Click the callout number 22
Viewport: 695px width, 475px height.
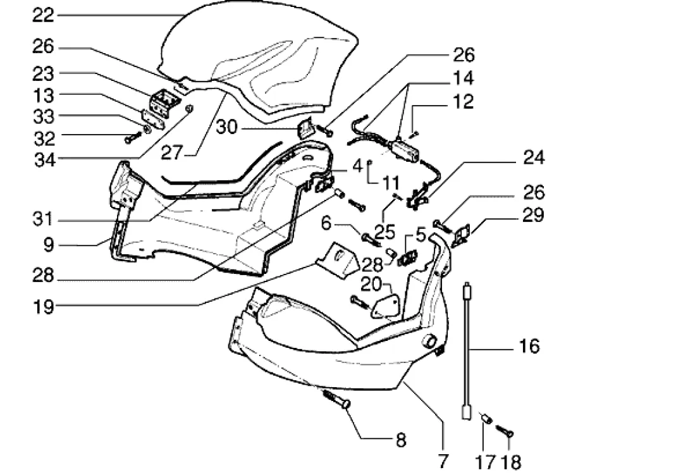click(x=43, y=16)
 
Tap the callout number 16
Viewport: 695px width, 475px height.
click(x=529, y=346)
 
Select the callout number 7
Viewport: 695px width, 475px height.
click(x=443, y=461)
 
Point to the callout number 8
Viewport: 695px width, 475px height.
click(x=401, y=440)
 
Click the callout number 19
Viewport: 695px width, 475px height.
click(x=44, y=307)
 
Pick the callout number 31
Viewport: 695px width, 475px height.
click(x=43, y=219)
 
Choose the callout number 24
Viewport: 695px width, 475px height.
click(x=534, y=157)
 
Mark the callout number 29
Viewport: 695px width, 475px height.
click(x=534, y=215)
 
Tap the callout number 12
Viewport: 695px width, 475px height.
click(x=464, y=102)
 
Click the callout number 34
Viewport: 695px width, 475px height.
click(x=45, y=159)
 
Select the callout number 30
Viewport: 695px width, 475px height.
click(x=227, y=127)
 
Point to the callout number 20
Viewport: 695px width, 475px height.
click(x=371, y=284)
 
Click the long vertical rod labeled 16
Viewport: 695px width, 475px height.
click(x=467, y=350)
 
